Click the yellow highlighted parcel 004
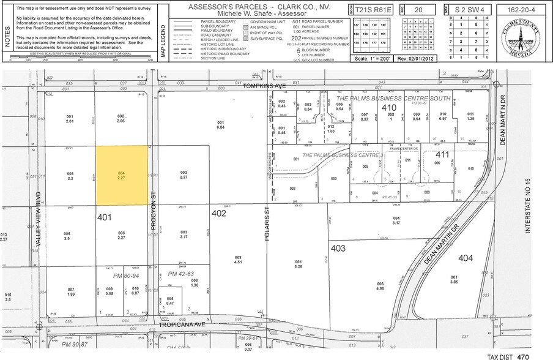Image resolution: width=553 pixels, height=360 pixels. click(x=122, y=175)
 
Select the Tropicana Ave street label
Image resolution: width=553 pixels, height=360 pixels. click(x=185, y=325)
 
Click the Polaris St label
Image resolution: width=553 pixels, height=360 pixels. click(x=267, y=225)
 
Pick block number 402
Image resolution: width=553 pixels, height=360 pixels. click(x=219, y=214)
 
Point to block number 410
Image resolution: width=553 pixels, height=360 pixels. click(x=390, y=108)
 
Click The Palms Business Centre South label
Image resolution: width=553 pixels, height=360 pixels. click(x=393, y=99)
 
